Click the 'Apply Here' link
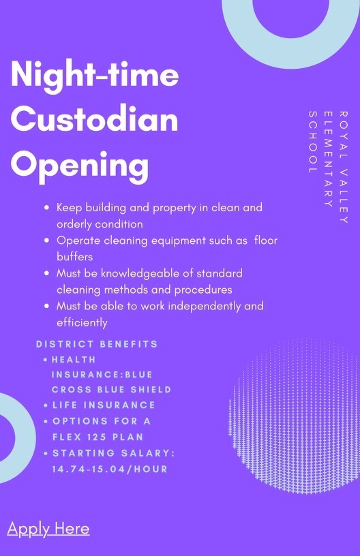pos(48,529)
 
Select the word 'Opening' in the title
pos(80,167)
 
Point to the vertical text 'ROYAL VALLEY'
pos(343,167)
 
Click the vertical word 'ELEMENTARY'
pos(328,159)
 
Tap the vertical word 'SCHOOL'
pos(312,142)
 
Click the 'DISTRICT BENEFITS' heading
pos(97,344)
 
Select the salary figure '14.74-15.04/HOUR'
pos(110,469)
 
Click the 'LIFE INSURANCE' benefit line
pos(104,405)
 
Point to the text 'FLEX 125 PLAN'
pos(98,437)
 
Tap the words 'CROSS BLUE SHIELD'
pos(111,389)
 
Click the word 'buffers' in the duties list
pos(75,256)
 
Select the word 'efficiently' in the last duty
pos(82,323)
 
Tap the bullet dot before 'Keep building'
pos(47,207)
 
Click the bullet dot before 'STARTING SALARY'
pos(46,453)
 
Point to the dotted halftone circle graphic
pos(295,416)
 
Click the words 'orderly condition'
pos(100,224)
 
